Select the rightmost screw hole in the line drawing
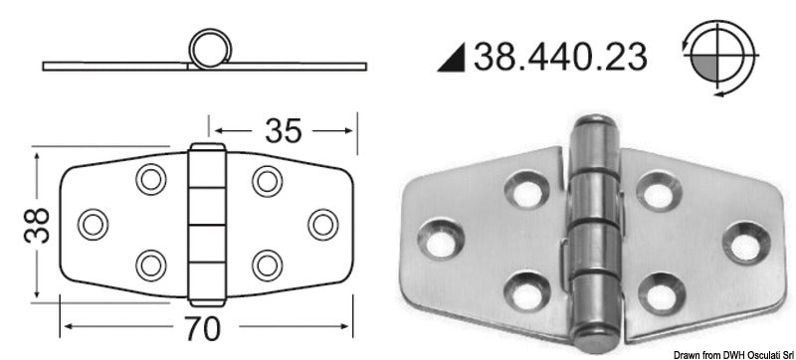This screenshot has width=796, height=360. coord(320,224)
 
